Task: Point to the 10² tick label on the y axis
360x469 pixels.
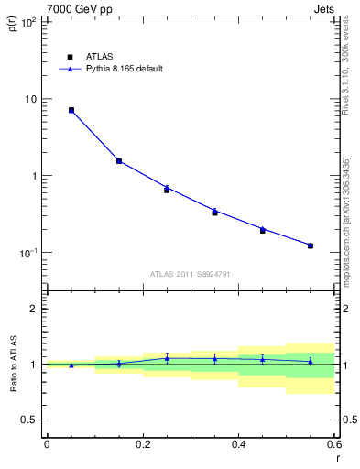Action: pos(28,22)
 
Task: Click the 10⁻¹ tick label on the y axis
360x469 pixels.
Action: pos(28,253)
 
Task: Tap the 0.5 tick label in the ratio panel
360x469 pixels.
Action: pos(29,420)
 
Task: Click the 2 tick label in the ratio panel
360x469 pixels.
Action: pos(34,309)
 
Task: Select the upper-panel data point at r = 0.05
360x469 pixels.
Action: pos(71,110)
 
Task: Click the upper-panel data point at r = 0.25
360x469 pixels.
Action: pos(167,190)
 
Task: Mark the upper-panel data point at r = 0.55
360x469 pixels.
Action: pos(311,245)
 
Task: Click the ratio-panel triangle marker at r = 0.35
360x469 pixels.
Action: pos(214,358)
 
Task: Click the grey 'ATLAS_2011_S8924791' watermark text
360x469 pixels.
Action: pos(189,274)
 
